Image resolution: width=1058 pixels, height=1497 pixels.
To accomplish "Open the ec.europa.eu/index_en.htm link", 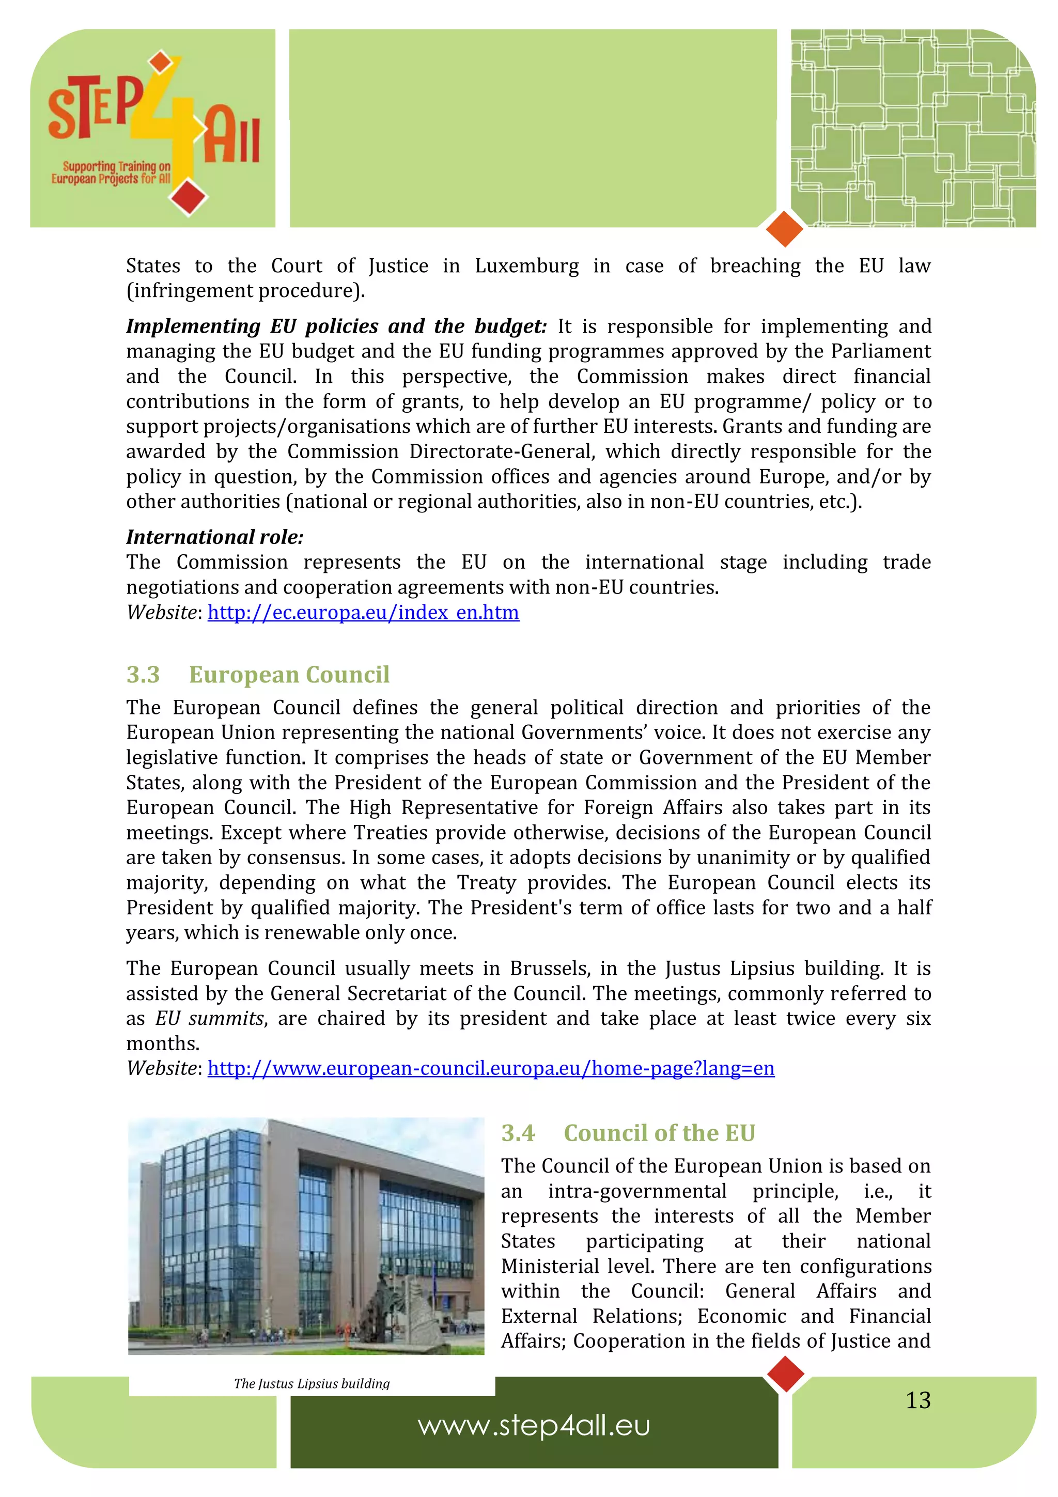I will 363,613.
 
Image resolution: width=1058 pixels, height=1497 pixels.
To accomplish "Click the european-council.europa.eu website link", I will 490,1069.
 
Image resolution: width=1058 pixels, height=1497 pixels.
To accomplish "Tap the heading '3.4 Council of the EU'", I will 627,1133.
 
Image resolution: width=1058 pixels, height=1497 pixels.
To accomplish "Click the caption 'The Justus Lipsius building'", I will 312,1383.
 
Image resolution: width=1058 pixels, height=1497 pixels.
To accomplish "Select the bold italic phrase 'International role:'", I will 214,537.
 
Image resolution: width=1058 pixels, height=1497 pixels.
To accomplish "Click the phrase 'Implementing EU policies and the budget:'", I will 336,326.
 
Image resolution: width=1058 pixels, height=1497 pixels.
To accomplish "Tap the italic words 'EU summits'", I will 209,1019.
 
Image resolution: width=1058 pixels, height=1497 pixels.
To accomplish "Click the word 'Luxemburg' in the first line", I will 526,266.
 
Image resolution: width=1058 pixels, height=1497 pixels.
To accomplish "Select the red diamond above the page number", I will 786,1374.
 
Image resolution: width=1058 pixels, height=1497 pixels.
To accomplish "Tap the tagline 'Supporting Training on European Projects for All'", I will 111,173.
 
